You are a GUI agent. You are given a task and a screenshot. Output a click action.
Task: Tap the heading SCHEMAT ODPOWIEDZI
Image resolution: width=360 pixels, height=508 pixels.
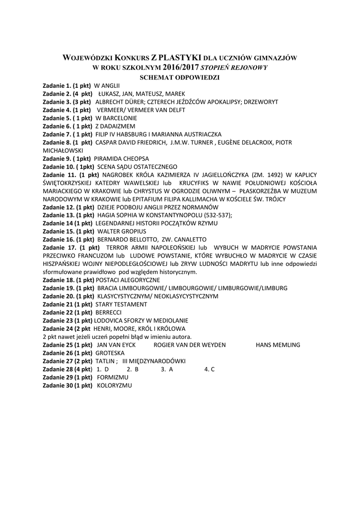(180, 77)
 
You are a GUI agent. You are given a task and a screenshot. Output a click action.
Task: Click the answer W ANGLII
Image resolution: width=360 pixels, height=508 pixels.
(107, 86)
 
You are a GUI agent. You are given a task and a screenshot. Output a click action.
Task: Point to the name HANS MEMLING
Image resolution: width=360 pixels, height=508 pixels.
(278, 344)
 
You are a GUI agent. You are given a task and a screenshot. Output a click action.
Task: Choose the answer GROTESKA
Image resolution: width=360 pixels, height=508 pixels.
(110, 353)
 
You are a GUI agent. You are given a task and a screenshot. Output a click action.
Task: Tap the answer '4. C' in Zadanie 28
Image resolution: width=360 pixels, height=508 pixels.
(209, 369)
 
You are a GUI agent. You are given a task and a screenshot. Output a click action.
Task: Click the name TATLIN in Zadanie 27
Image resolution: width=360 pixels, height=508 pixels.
(105, 361)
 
